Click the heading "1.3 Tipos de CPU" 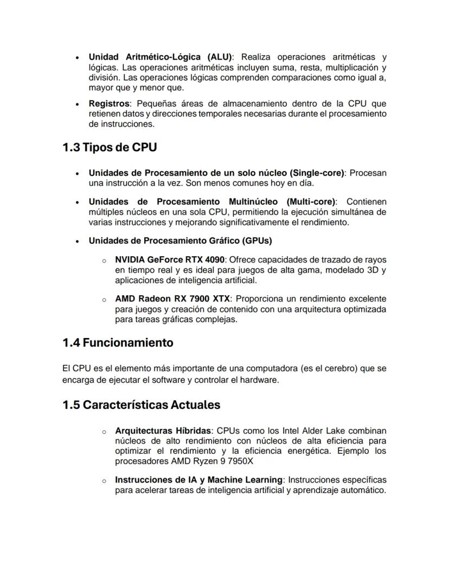[x=110, y=147]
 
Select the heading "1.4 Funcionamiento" [x=118, y=343]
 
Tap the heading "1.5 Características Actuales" [x=141, y=405]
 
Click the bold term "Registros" [x=109, y=103]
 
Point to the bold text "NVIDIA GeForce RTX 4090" [x=170, y=260]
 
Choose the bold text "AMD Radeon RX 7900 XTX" [x=173, y=299]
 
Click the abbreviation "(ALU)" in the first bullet [x=219, y=57]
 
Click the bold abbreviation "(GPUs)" [x=257, y=240]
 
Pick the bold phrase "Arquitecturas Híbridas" [x=163, y=431]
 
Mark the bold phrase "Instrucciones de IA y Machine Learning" [x=199, y=480]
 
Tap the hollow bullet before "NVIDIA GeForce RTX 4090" [x=104, y=260]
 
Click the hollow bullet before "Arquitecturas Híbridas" [x=104, y=432]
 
